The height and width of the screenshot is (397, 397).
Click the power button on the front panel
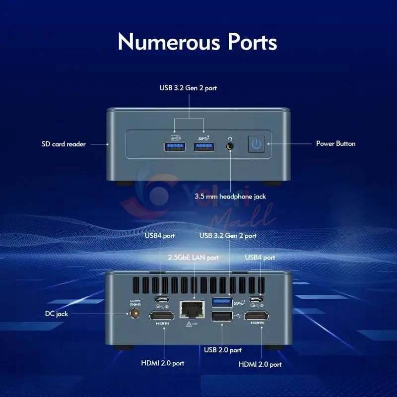(x=256, y=144)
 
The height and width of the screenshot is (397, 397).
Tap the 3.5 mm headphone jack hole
(x=230, y=146)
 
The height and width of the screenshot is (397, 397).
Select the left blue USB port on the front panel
(x=175, y=147)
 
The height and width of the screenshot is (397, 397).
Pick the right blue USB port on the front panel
(x=204, y=147)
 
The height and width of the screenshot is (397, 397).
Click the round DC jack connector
(x=134, y=314)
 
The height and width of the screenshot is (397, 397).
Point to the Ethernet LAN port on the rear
(x=192, y=309)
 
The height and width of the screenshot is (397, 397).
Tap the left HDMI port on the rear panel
(x=162, y=316)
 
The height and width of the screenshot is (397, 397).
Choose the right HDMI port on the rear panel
(x=257, y=316)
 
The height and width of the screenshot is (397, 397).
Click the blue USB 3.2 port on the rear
(x=222, y=302)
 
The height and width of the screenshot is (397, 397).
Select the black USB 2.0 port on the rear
(x=222, y=316)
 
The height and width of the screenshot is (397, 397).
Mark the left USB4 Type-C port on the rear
(x=162, y=299)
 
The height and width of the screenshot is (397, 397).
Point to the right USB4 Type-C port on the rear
(x=256, y=300)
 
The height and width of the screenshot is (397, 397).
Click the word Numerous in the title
(x=169, y=42)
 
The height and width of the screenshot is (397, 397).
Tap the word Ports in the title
(x=252, y=42)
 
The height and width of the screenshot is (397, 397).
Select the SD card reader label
(x=64, y=144)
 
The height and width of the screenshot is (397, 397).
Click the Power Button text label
(x=336, y=143)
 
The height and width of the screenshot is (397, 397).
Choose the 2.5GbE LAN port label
(x=193, y=258)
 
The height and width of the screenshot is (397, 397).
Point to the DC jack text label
(x=57, y=314)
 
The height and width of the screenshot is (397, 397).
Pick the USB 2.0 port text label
(x=223, y=350)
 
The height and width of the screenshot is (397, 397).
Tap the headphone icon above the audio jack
(x=230, y=139)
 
